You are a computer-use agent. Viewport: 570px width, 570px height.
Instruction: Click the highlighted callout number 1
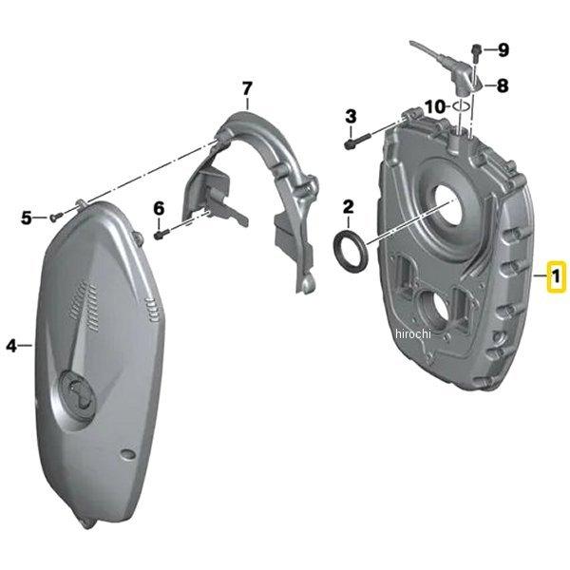(x=556, y=276)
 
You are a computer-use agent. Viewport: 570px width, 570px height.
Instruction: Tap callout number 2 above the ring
(x=348, y=207)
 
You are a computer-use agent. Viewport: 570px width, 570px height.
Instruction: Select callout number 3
(x=351, y=117)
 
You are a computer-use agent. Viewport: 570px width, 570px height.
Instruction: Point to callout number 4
(x=11, y=346)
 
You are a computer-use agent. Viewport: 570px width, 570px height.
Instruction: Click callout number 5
(x=27, y=218)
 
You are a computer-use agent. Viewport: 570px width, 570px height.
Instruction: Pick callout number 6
(x=159, y=209)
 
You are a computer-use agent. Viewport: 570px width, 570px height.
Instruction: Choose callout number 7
(x=247, y=88)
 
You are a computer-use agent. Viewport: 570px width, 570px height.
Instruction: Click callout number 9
(x=503, y=49)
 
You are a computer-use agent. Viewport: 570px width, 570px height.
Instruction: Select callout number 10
(x=435, y=106)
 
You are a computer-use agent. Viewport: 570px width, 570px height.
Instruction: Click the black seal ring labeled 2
(x=351, y=251)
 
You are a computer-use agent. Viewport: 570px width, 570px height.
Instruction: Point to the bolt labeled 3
(x=356, y=141)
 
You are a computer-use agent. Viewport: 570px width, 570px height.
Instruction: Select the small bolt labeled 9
(x=476, y=52)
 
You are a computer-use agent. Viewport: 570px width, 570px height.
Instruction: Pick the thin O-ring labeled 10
(x=461, y=107)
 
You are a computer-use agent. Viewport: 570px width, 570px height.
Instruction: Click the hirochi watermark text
(x=413, y=333)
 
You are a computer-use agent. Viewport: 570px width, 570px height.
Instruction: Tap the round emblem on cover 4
(x=78, y=390)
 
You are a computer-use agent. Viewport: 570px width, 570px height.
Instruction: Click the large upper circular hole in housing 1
(x=449, y=205)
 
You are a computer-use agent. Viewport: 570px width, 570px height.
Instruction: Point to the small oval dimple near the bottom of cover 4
(x=128, y=454)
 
